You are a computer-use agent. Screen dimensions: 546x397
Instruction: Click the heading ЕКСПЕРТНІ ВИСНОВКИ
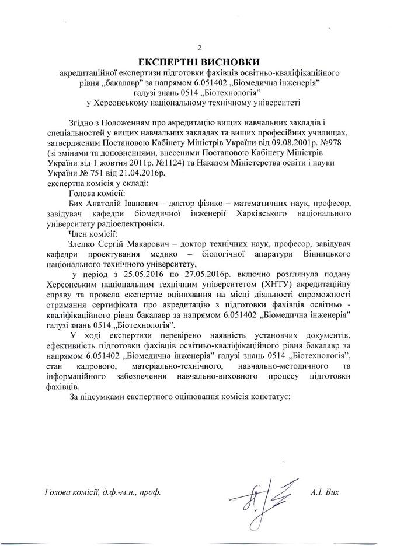(x=198, y=61)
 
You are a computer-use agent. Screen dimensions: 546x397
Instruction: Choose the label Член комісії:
(x=93, y=234)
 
